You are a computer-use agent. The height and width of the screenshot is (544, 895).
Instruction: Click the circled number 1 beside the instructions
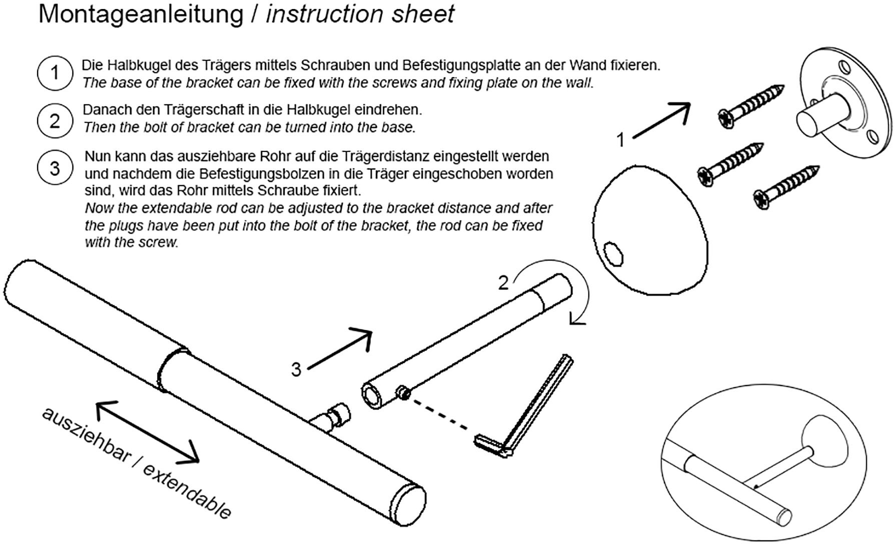pos(55,73)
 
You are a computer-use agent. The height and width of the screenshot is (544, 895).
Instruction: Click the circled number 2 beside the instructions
pos(55,120)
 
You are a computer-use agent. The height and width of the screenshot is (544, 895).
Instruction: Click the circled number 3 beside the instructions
pos(55,168)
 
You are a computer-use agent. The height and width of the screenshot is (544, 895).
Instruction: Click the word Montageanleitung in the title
pos(141,14)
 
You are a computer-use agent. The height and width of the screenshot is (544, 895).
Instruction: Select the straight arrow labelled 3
pos(340,348)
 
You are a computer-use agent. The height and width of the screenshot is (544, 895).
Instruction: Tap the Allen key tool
pos(530,410)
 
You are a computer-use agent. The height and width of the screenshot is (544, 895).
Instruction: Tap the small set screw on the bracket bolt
pos(403,392)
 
